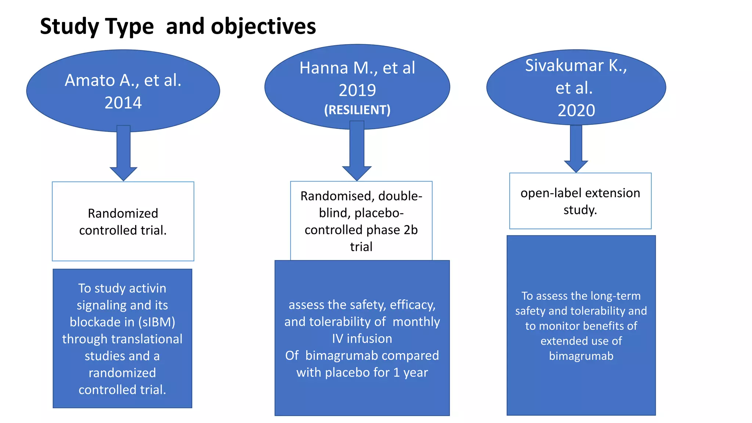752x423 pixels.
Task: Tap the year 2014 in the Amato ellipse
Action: pyautogui.click(x=123, y=103)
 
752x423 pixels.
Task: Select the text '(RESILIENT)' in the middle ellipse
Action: pyautogui.click(x=357, y=110)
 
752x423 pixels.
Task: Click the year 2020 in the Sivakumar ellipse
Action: pyautogui.click(x=576, y=111)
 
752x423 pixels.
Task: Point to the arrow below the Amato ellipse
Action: pyautogui.click(x=123, y=154)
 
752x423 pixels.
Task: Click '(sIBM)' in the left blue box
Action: pyautogui.click(x=157, y=322)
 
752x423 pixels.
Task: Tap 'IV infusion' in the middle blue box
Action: pyautogui.click(x=362, y=339)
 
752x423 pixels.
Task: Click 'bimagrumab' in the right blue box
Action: pyautogui.click(x=581, y=356)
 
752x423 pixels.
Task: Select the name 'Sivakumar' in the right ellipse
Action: pyautogui.click(x=564, y=66)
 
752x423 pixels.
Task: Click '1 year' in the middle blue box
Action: pyautogui.click(x=411, y=372)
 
